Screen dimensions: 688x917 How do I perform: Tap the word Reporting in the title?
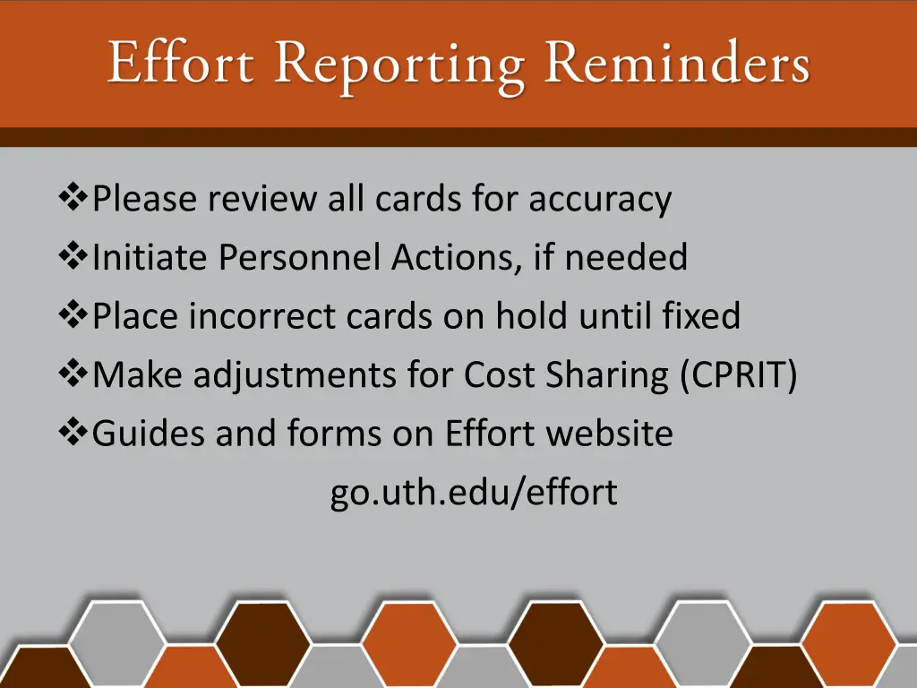[400, 67]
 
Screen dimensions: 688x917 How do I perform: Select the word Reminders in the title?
[677, 64]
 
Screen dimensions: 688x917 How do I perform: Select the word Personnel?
[300, 258]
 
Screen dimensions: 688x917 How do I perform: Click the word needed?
[625, 258]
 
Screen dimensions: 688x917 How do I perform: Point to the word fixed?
[701, 316]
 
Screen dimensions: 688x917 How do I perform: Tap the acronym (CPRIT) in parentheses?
[738, 376]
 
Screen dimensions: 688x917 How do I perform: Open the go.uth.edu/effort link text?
[474, 493]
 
